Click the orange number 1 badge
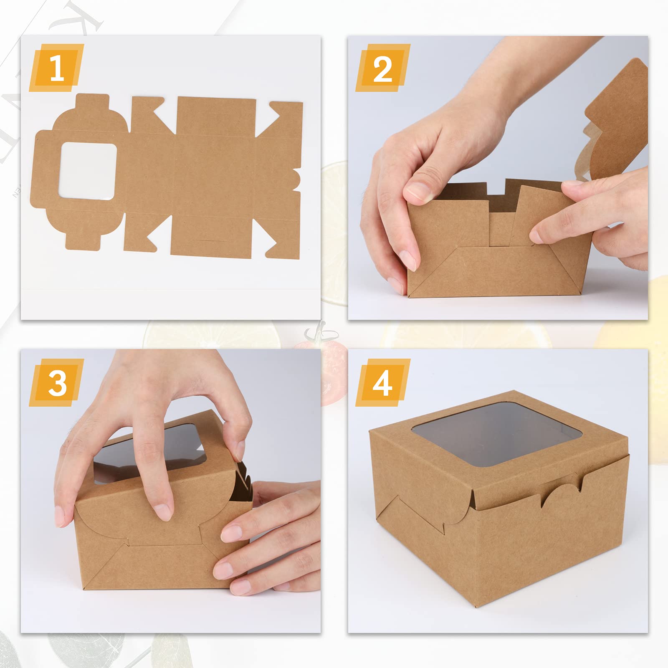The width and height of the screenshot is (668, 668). pyautogui.click(x=56, y=68)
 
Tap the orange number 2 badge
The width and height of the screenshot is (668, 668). pyautogui.click(x=383, y=68)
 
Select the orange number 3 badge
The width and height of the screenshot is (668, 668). pyautogui.click(x=56, y=382)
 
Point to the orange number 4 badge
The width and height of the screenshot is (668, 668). pyautogui.click(x=383, y=382)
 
